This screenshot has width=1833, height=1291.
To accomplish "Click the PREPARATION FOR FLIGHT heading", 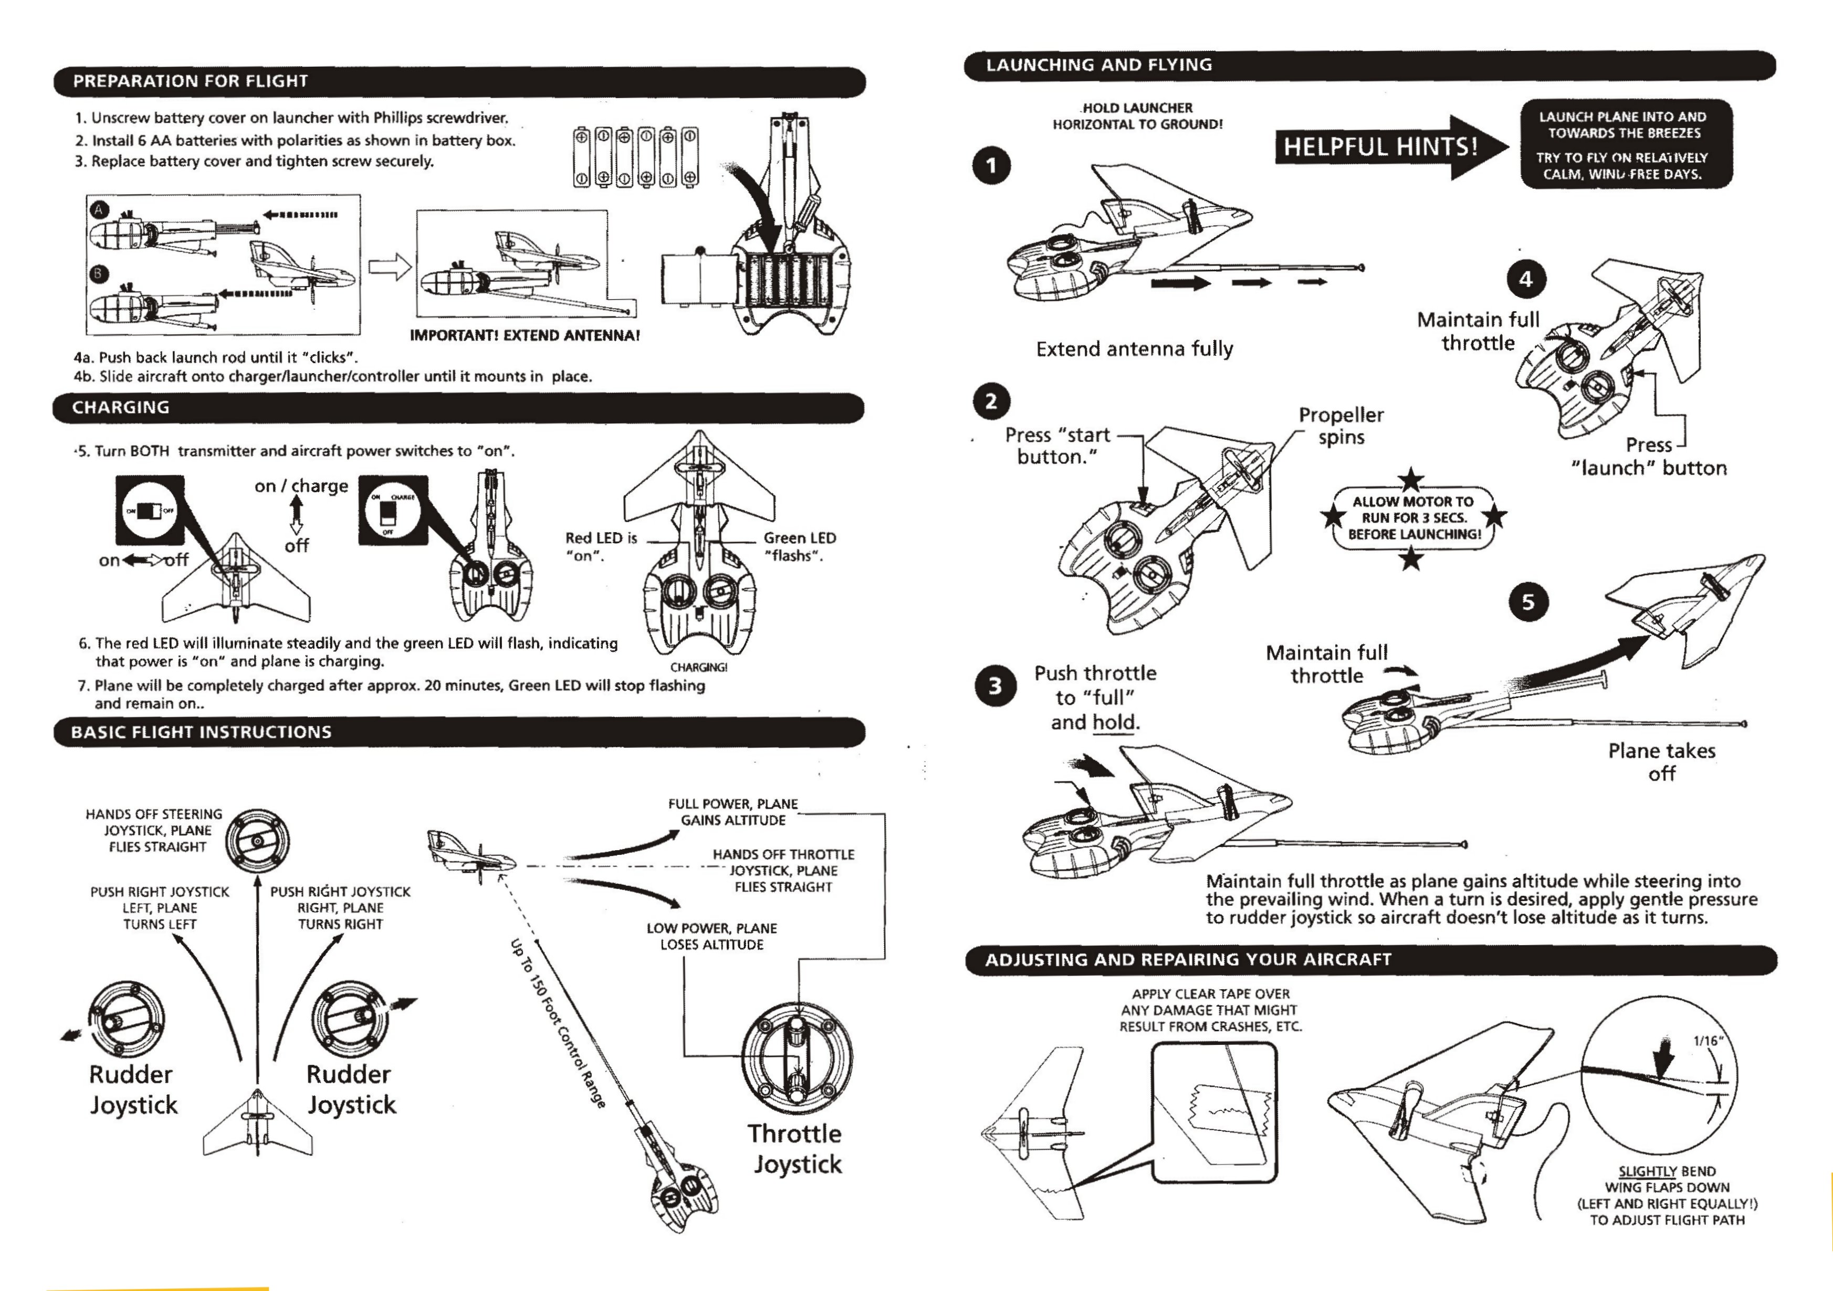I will coord(190,81).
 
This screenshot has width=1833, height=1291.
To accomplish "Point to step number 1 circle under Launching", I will coord(991,166).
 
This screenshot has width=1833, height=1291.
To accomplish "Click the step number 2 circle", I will coord(991,401).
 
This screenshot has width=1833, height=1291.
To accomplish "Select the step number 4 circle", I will coord(1526,279).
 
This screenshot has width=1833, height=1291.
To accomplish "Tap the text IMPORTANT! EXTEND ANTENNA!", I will coord(525,336).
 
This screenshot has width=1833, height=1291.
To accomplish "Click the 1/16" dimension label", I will coord(1709,1041).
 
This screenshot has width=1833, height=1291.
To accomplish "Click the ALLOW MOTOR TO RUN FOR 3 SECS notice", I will coord(1413,518).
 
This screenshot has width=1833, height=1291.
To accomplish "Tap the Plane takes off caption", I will coord(1661,762).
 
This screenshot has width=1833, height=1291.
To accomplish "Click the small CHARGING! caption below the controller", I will coord(698,667).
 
